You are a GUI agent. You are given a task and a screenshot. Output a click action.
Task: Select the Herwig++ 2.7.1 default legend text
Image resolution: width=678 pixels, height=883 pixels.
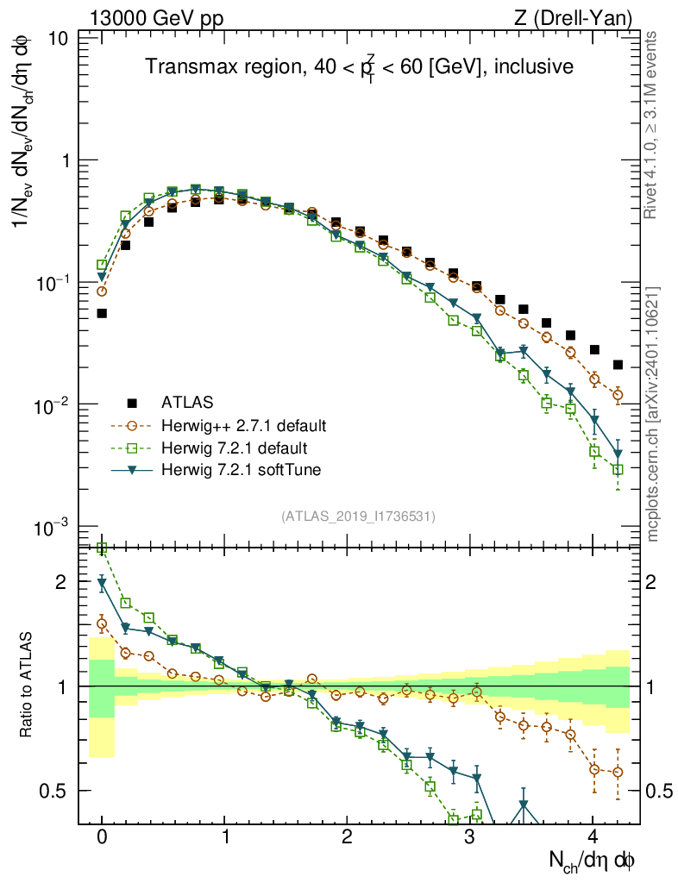[x=244, y=426]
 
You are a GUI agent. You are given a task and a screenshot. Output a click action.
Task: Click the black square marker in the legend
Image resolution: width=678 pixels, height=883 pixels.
[x=132, y=402]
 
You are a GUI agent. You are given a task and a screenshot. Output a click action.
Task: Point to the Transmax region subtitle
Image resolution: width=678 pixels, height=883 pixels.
[x=359, y=66]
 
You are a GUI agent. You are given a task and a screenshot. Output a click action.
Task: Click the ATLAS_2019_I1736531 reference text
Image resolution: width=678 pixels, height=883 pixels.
[x=358, y=517]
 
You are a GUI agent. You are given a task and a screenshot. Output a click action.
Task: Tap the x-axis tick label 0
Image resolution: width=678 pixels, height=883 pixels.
[x=102, y=837]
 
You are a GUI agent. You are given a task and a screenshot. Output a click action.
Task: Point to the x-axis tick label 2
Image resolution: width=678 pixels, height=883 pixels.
[x=347, y=837]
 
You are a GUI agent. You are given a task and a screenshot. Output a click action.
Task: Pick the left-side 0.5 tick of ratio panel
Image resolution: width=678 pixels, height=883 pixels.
[x=58, y=790]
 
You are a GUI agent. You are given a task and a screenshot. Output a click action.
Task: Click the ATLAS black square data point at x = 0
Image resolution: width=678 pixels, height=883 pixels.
[x=102, y=313]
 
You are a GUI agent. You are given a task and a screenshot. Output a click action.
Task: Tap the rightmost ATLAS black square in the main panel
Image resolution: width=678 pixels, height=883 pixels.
[x=617, y=365]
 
